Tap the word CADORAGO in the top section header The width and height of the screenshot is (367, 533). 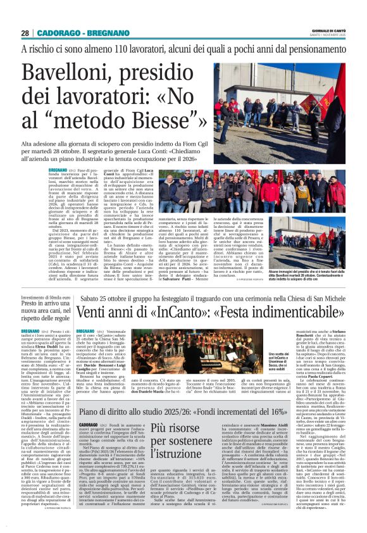point(56,33)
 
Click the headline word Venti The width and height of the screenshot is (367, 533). point(99,312)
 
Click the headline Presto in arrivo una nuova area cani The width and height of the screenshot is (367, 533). point(44,308)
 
